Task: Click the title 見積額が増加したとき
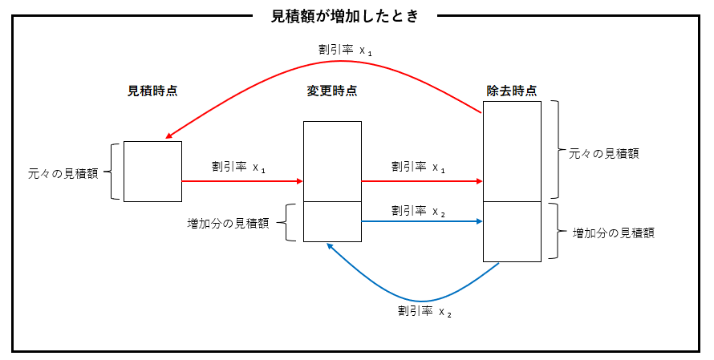[345, 15]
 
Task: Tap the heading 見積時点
[152, 91]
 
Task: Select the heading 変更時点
[332, 91]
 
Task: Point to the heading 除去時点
[512, 91]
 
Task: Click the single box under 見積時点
[152, 172]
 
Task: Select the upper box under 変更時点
[332, 161]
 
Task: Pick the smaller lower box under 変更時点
[332, 221]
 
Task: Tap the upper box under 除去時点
[512, 151]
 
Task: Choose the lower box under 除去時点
[512, 231]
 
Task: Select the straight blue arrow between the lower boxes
[422, 221]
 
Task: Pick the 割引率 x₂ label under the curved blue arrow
[424, 311]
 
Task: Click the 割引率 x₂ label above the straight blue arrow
[419, 210]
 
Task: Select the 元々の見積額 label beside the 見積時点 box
[63, 172]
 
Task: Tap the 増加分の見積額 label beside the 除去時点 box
[613, 233]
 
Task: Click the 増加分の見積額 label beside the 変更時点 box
[228, 223]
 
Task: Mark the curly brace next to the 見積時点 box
[115, 172]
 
